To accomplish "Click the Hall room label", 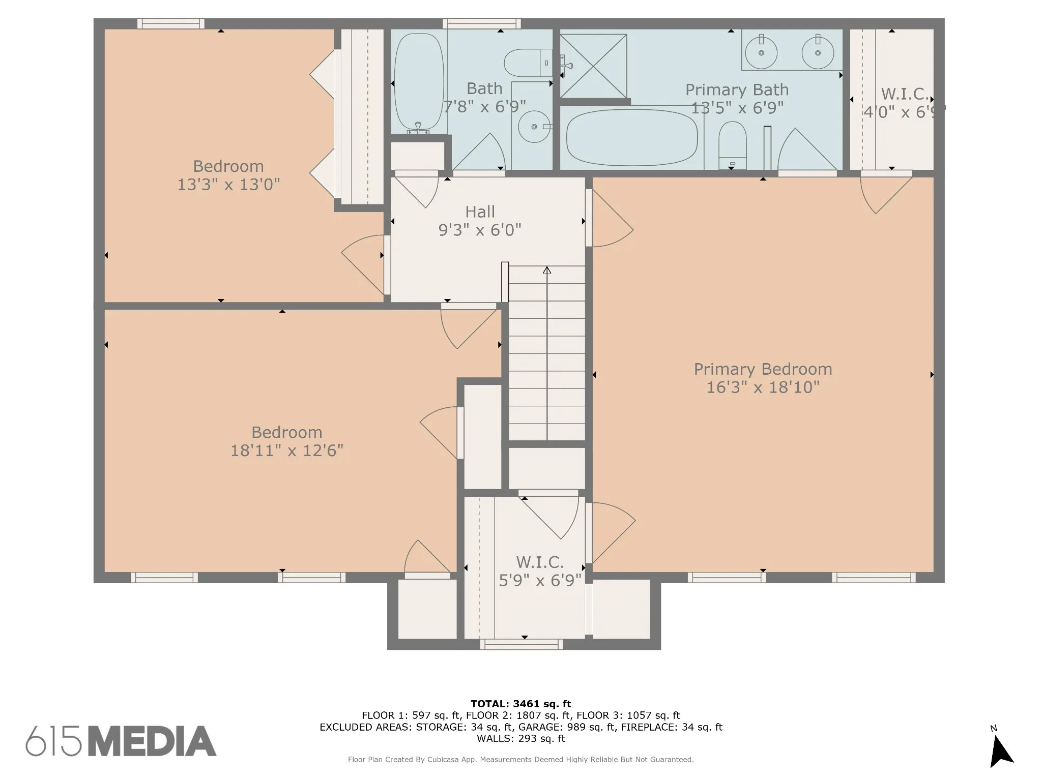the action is pyautogui.click(x=480, y=212).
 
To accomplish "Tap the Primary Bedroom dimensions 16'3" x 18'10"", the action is pyautogui.click(x=763, y=387).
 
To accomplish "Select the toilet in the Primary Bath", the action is pyautogui.click(x=732, y=145).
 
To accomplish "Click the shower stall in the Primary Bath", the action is pyautogui.click(x=593, y=66).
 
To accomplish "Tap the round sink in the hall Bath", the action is pyautogui.click(x=534, y=126).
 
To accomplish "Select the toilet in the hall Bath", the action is pyautogui.click(x=528, y=63).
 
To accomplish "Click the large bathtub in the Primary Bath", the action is pyautogui.click(x=632, y=137).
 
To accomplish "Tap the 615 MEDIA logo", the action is pyautogui.click(x=121, y=741).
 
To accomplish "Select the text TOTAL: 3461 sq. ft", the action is pyautogui.click(x=520, y=704).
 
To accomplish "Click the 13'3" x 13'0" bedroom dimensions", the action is pyautogui.click(x=228, y=185).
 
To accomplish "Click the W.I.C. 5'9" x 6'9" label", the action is pyautogui.click(x=540, y=571).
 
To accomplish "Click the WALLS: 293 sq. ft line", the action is pyautogui.click(x=520, y=738).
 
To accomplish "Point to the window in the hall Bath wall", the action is pyautogui.click(x=481, y=23).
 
